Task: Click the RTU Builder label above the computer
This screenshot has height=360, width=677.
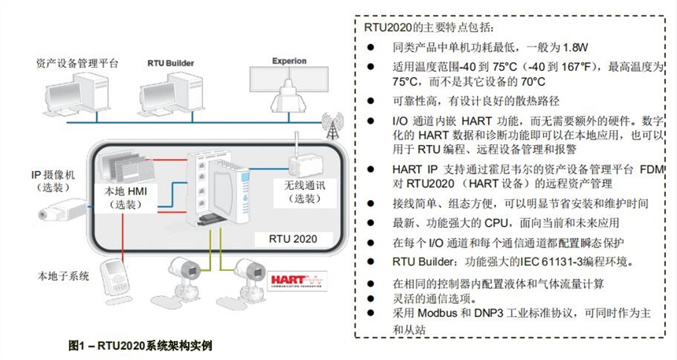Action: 170,61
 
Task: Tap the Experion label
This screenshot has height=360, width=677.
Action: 289,61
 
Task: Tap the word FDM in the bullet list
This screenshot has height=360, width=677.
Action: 645,169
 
